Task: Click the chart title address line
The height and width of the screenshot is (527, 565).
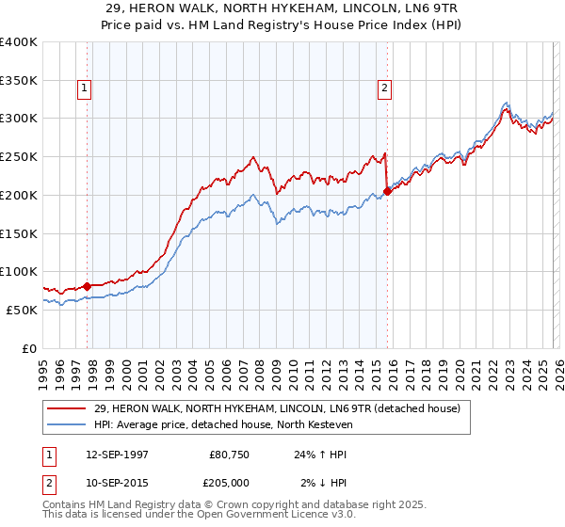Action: click(282, 8)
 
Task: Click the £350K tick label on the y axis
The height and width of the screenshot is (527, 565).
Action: click(18, 80)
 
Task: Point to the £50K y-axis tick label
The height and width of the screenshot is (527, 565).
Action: click(21, 310)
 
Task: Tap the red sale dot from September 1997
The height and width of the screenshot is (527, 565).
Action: click(88, 285)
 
